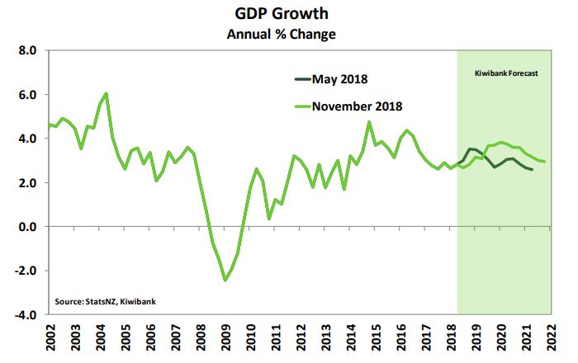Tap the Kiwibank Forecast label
[506, 73]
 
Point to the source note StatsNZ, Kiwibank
[104, 301]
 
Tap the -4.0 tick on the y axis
[26, 314]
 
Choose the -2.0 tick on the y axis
[26, 271]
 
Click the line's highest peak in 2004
[107, 93]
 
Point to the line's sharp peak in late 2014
[368, 122]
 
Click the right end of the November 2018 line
[546, 162]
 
